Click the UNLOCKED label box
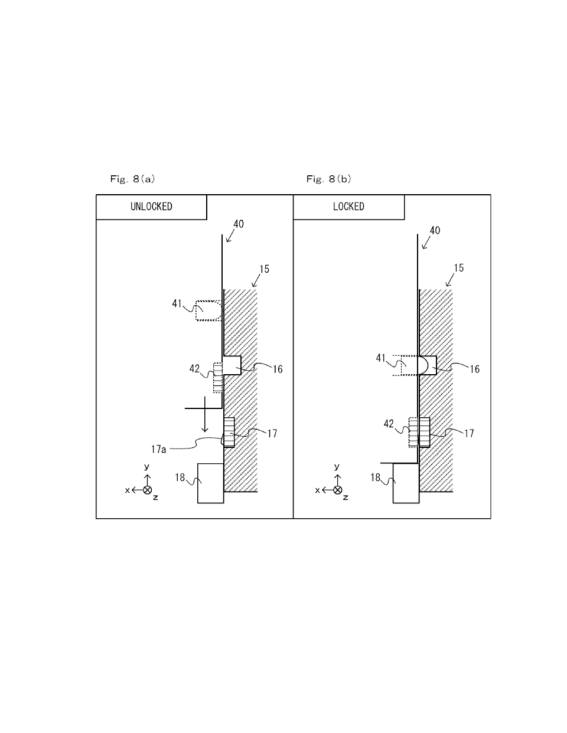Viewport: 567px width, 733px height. (x=151, y=207)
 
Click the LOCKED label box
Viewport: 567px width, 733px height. (x=348, y=207)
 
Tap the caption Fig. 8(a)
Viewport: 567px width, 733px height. (x=132, y=178)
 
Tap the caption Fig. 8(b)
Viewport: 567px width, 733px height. (x=328, y=178)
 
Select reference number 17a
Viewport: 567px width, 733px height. (x=158, y=449)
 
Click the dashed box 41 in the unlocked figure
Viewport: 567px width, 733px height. (x=208, y=310)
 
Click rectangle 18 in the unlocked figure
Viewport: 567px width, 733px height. (x=210, y=483)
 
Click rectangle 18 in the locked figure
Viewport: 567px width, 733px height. (x=406, y=483)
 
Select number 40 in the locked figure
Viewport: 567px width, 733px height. (x=435, y=231)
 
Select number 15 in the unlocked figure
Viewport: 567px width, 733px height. (x=264, y=269)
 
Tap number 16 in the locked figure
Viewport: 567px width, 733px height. (x=474, y=369)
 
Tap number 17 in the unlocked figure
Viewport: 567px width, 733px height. (x=272, y=433)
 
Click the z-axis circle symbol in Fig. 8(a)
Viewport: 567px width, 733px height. (x=148, y=490)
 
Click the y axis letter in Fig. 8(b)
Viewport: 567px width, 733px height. (x=337, y=467)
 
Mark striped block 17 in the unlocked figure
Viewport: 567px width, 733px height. (x=229, y=431)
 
